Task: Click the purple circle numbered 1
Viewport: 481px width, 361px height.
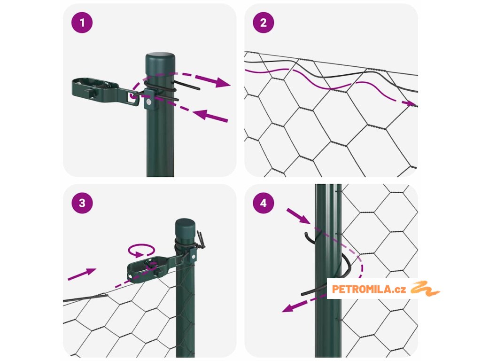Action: [82, 23]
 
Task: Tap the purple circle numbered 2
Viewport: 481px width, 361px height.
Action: [264, 23]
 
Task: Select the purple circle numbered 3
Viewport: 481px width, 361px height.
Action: [82, 203]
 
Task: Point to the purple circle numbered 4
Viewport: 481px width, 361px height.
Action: [264, 203]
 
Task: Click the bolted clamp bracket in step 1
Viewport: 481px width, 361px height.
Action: [149, 100]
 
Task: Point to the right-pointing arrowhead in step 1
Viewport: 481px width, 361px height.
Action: [222, 82]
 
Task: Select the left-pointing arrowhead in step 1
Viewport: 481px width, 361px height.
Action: [201, 115]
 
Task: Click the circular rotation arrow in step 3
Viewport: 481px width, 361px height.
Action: [141, 250]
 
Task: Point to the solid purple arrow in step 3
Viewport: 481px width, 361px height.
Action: [82, 274]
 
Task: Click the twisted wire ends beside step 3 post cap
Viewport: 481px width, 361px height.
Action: [201, 239]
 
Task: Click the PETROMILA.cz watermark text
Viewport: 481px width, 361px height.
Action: [369, 289]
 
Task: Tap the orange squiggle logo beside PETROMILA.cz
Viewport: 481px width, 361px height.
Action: [425, 289]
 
